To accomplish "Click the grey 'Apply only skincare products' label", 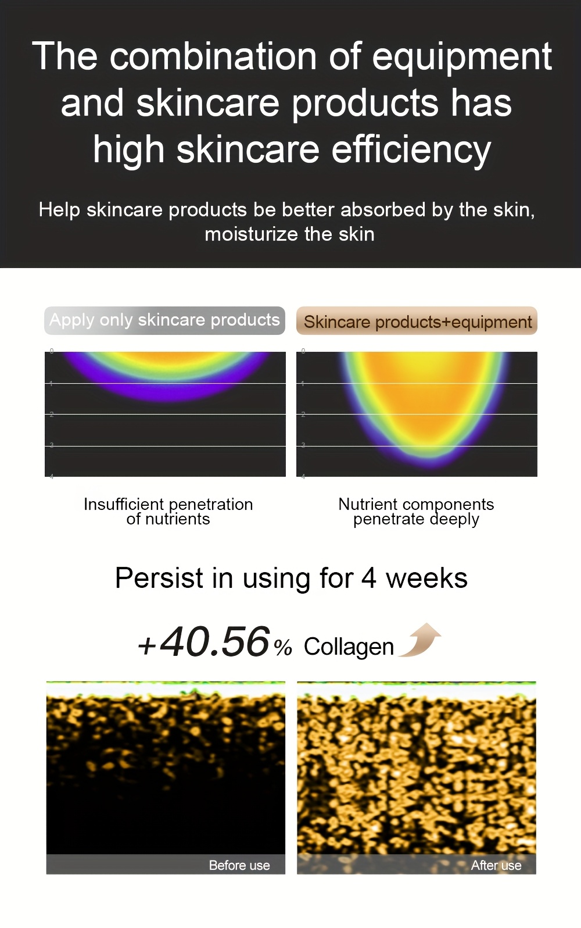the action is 164,320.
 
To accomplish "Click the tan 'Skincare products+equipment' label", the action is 417,322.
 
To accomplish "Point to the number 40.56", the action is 215,642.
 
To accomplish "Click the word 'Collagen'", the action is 349,647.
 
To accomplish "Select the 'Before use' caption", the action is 239,865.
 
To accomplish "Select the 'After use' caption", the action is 496,865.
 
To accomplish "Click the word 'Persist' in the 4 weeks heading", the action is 159,578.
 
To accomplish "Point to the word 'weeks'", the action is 426,578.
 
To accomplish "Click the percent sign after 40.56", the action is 283,648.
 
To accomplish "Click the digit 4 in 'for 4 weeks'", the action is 369,578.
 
